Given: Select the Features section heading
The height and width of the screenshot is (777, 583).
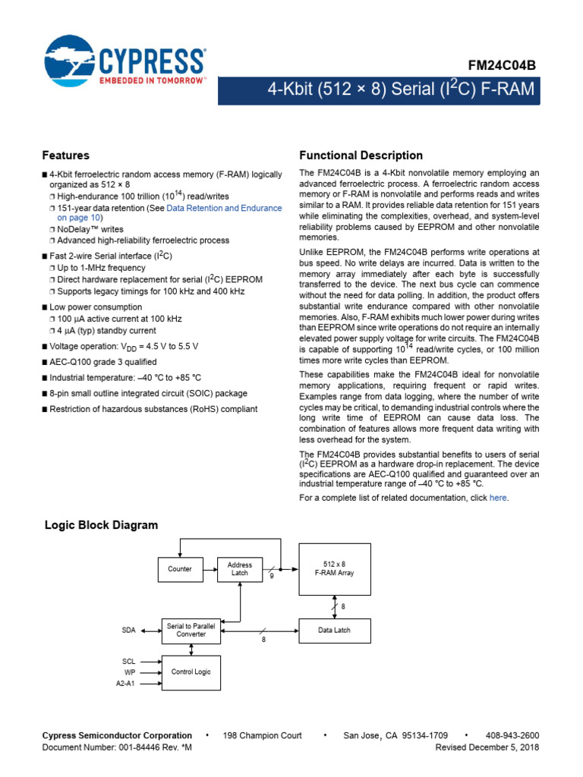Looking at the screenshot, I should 66,156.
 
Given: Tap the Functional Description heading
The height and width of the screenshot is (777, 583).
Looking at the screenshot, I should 361,156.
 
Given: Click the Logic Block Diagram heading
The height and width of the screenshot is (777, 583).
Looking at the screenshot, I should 102,525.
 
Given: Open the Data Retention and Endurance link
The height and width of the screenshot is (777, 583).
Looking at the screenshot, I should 224,207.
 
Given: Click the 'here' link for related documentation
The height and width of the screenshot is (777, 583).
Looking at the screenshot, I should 498,498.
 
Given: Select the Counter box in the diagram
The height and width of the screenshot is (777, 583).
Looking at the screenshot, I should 180,568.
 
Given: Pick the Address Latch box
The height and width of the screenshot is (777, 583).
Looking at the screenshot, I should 240,568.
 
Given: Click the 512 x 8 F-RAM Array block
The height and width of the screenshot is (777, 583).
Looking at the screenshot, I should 336,568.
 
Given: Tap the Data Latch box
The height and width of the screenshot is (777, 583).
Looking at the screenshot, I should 336,630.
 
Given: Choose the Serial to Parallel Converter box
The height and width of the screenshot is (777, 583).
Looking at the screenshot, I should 191,630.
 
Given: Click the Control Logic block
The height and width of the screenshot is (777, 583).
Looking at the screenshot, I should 191,672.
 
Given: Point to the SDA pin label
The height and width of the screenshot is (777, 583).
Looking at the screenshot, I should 128,630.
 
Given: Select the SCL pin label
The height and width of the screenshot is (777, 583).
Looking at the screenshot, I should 128,660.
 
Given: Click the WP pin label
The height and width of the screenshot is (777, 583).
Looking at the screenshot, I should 130,672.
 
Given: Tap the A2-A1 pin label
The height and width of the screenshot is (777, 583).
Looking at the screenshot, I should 124,684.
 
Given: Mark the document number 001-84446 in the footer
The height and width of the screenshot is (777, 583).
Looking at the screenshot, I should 140,747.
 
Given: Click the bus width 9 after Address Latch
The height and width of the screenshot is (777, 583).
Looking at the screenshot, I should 271,577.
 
